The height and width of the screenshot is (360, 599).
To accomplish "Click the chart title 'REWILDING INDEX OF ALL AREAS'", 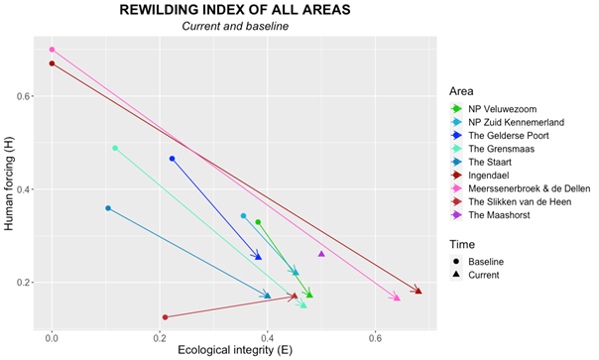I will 229,10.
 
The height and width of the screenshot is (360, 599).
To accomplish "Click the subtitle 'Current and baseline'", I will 229,26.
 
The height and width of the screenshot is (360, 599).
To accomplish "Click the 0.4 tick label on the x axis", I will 267,337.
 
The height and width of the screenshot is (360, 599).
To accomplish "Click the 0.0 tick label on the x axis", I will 52,337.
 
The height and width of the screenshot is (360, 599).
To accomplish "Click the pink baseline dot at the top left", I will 52,50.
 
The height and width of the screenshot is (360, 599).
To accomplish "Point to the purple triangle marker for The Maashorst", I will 321,254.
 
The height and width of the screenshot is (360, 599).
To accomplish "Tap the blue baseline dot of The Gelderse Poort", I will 173,159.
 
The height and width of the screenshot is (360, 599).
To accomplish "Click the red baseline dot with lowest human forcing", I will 165,317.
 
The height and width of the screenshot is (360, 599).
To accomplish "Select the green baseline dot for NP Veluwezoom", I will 258,222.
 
